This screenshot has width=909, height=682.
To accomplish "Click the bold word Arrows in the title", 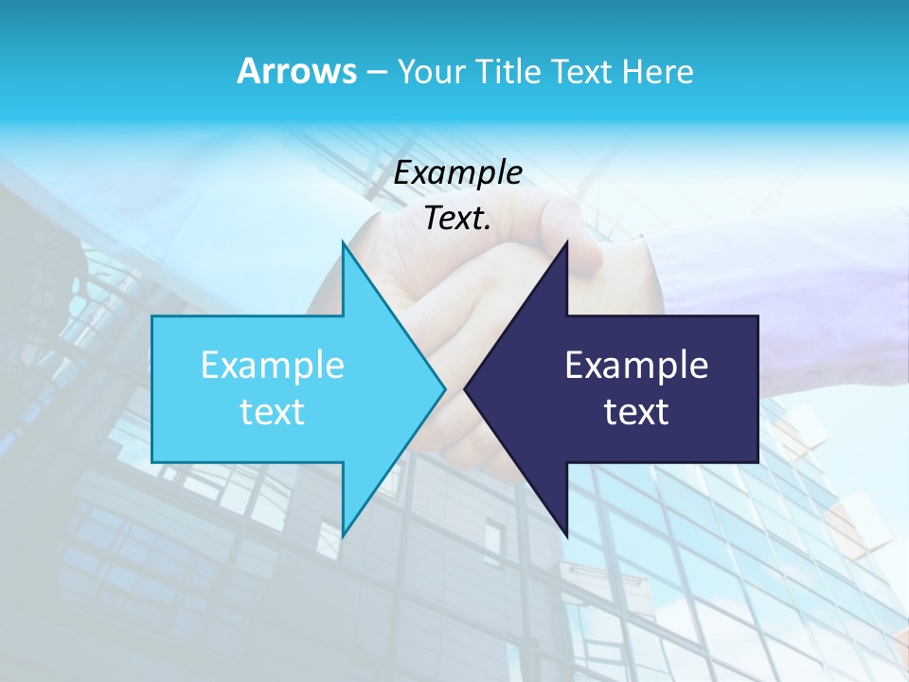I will (296, 71).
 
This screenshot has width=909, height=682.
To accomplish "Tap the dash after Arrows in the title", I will (376, 72).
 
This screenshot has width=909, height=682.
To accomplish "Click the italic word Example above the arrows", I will (457, 173).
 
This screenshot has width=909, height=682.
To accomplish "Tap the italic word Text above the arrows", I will (454, 219).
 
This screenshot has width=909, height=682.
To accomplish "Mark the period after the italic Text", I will (488, 228).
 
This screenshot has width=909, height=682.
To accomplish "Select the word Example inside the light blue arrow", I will (273, 365).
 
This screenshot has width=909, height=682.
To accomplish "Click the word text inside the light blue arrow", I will (273, 412).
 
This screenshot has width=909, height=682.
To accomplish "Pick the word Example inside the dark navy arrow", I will (636, 365).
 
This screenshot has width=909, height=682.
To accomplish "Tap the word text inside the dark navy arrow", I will (636, 412).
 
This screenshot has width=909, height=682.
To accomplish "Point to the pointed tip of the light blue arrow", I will (444, 388).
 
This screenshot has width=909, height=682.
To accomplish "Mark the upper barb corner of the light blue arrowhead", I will (343, 242).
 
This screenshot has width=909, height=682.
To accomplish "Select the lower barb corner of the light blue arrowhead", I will (343, 534).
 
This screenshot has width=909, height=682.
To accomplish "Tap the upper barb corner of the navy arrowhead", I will (566, 242).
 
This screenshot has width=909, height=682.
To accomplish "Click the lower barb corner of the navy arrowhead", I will (566, 534).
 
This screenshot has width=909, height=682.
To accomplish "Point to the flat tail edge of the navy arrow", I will (757, 388).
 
